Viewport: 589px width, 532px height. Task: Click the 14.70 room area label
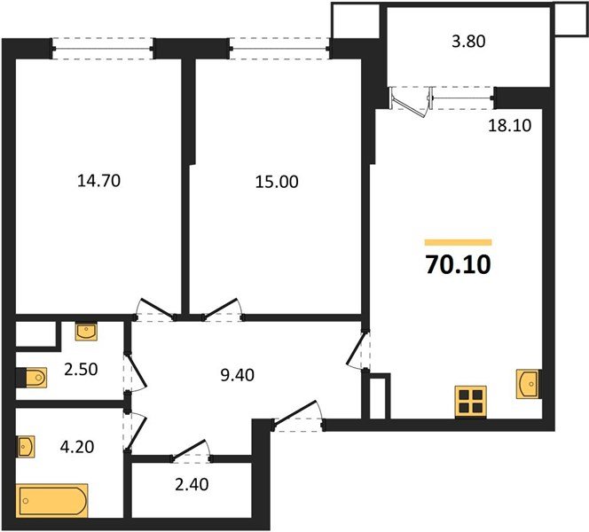coord(98,182)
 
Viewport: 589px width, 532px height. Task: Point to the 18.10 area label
coord(508,126)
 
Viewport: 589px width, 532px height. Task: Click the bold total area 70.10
coord(458,263)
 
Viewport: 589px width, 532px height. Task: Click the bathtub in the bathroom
coord(52,500)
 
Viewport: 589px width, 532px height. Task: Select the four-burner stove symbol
coord(470,402)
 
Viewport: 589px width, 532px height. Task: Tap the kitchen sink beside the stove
coord(528,385)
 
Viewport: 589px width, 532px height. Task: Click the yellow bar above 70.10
coord(458,242)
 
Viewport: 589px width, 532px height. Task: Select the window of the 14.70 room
coord(101,47)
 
